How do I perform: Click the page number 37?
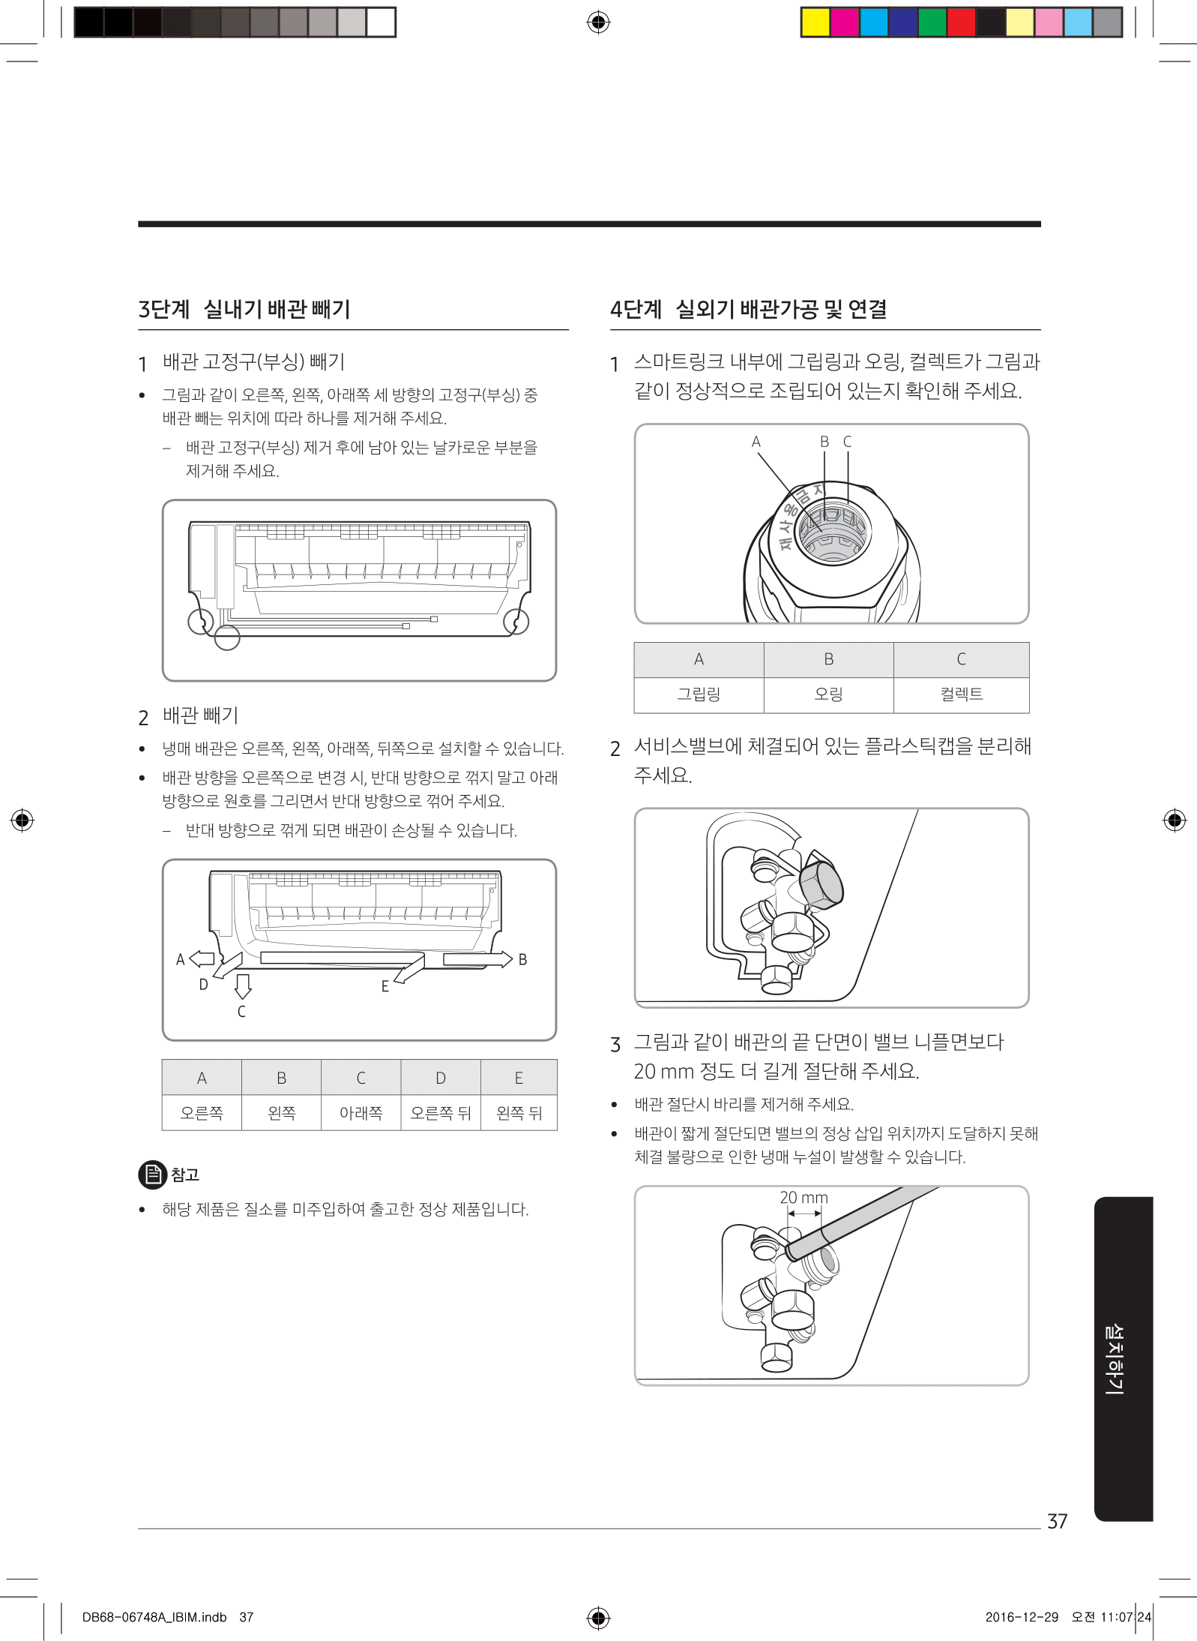tap(1057, 1521)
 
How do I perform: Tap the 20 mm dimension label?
tap(803, 1198)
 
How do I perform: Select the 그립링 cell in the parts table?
tap(699, 694)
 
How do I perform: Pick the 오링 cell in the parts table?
tap(828, 694)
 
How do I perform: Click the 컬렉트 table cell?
tap(961, 694)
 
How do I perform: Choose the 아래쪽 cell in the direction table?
tap(361, 1113)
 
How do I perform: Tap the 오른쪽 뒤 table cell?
tap(441, 1113)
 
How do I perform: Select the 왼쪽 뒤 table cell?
tap(519, 1113)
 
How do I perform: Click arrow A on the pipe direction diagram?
tap(202, 958)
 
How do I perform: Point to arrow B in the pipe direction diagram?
tap(477, 959)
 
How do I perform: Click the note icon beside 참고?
tap(152, 1174)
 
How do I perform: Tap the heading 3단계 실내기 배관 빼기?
tap(244, 309)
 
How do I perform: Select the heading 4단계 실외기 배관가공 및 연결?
tap(748, 309)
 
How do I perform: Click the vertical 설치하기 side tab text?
tap(1115, 1358)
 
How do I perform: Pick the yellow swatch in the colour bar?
tap(815, 22)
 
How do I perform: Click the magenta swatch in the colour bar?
tap(845, 22)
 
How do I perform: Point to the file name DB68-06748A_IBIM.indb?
tap(154, 1617)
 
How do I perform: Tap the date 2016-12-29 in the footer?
tap(1022, 1617)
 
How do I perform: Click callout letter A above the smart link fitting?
tap(756, 442)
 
